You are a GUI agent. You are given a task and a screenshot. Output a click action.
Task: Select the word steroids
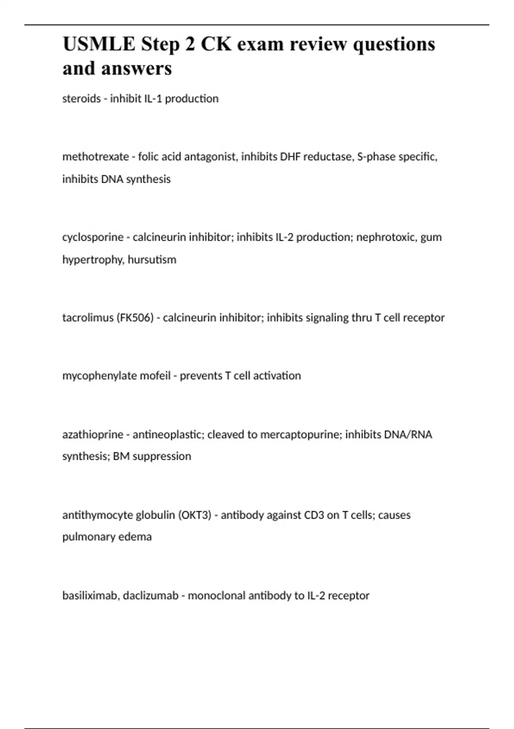81,99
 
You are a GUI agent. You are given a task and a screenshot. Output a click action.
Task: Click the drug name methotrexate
96,157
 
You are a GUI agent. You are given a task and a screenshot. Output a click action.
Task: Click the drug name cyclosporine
93,237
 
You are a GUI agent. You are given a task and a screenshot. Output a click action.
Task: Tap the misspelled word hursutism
152,259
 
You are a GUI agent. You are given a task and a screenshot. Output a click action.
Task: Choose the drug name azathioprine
93,434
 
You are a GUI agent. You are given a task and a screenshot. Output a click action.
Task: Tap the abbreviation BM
121,456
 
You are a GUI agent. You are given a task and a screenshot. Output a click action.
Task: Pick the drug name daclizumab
150,596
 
